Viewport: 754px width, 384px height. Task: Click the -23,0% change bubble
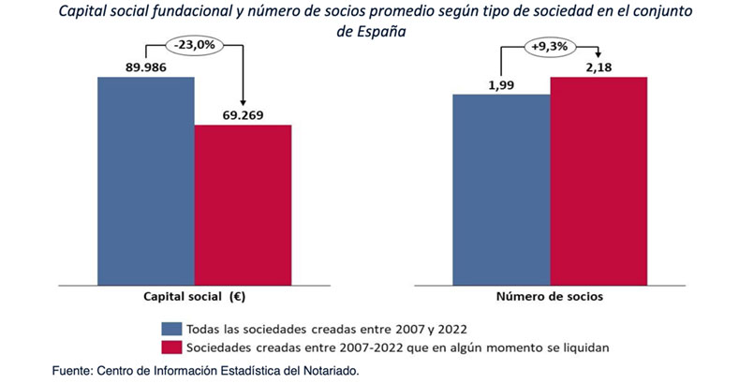point(194,44)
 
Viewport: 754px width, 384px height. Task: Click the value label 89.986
point(146,67)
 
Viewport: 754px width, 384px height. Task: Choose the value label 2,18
point(599,67)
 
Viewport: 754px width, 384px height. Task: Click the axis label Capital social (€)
point(194,297)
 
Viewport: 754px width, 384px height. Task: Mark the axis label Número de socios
point(550,297)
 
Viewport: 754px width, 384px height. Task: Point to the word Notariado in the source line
point(328,371)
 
